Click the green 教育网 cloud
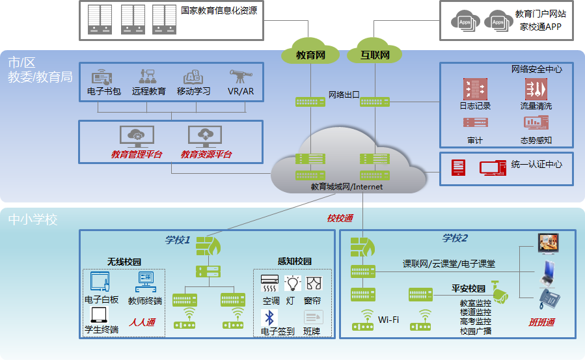(x=310, y=55)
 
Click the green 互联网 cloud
(x=375, y=55)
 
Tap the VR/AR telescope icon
(x=240, y=77)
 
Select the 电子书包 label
(x=104, y=92)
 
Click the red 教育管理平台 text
(x=137, y=155)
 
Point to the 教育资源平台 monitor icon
(x=205, y=136)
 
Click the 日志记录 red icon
(x=475, y=89)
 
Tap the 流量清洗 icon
(x=536, y=89)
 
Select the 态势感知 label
(x=536, y=141)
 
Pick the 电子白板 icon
(x=101, y=282)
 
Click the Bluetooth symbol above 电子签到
(x=269, y=318)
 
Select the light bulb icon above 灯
(x=293, y=283)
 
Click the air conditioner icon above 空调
(x=269, y=283)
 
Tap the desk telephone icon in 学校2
(x=549, y=299)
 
